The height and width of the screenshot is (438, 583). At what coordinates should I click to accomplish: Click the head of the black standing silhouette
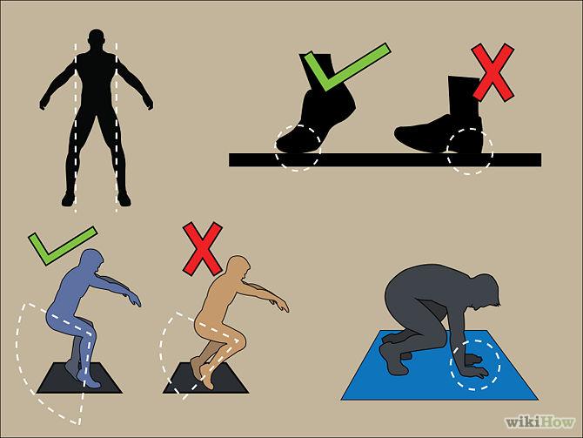[x=97, y=38]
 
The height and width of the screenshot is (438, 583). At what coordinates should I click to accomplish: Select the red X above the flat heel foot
[x=493, y=72]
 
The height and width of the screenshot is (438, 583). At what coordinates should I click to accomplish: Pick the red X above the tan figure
[x=203, y=248]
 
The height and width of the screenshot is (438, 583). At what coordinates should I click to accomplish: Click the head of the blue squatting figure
[x=92, y=260]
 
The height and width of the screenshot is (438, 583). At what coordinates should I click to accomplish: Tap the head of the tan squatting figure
[x=238, y=266]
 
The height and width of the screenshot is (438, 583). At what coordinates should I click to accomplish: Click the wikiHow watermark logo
[x=539, y=422]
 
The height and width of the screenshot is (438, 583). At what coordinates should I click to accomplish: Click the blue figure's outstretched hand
[x=135, y=299]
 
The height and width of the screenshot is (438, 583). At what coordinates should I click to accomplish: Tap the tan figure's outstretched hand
[x=282, y=305]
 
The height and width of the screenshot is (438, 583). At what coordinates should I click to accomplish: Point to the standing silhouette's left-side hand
[x=44, y=103]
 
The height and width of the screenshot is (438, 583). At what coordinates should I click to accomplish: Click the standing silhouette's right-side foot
[x=124, y=199]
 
